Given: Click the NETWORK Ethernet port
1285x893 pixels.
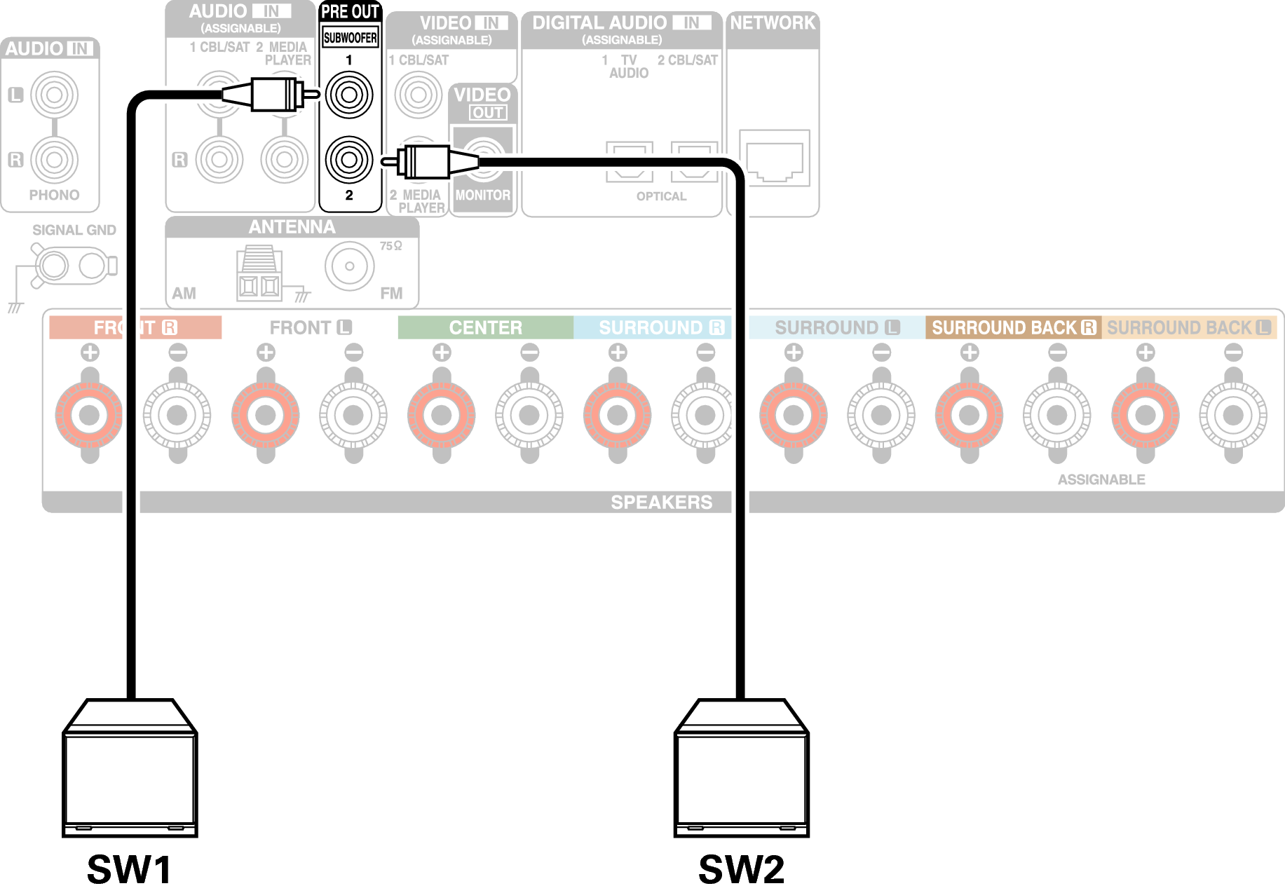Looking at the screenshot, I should (774, 158).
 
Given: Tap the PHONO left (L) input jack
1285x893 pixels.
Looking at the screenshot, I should (54, 95).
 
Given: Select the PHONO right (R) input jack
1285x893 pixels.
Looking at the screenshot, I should (54, 160).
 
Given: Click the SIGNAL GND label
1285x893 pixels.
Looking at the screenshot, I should (74, 230).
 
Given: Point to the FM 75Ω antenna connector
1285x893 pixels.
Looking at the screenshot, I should (349, 266).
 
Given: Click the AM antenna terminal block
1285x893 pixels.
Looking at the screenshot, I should (259, 274).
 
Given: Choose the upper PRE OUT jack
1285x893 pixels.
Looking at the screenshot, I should (349, 95).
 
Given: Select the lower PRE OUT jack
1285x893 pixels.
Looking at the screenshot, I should (349, 160).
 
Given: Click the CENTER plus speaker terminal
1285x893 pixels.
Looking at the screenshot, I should (441, 415).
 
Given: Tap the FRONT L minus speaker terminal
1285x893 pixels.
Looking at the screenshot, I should (353, 415).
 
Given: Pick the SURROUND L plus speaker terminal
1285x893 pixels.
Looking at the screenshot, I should (794, 415).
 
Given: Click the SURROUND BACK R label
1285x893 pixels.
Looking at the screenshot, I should (1013, 327).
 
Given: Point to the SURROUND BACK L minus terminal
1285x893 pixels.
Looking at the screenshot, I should (1233, 415).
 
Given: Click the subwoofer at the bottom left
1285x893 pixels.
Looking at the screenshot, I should (130, 771).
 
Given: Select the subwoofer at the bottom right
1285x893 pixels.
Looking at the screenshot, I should (742, 771).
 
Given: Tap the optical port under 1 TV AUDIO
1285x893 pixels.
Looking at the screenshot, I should (629, 162).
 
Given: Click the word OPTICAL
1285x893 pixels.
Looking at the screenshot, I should (661, 196).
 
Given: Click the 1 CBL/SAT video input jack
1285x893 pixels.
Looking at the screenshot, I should (418, 95).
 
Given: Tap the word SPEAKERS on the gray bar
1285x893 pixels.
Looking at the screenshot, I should (661, 502).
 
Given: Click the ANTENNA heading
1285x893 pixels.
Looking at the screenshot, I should (292, 227).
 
